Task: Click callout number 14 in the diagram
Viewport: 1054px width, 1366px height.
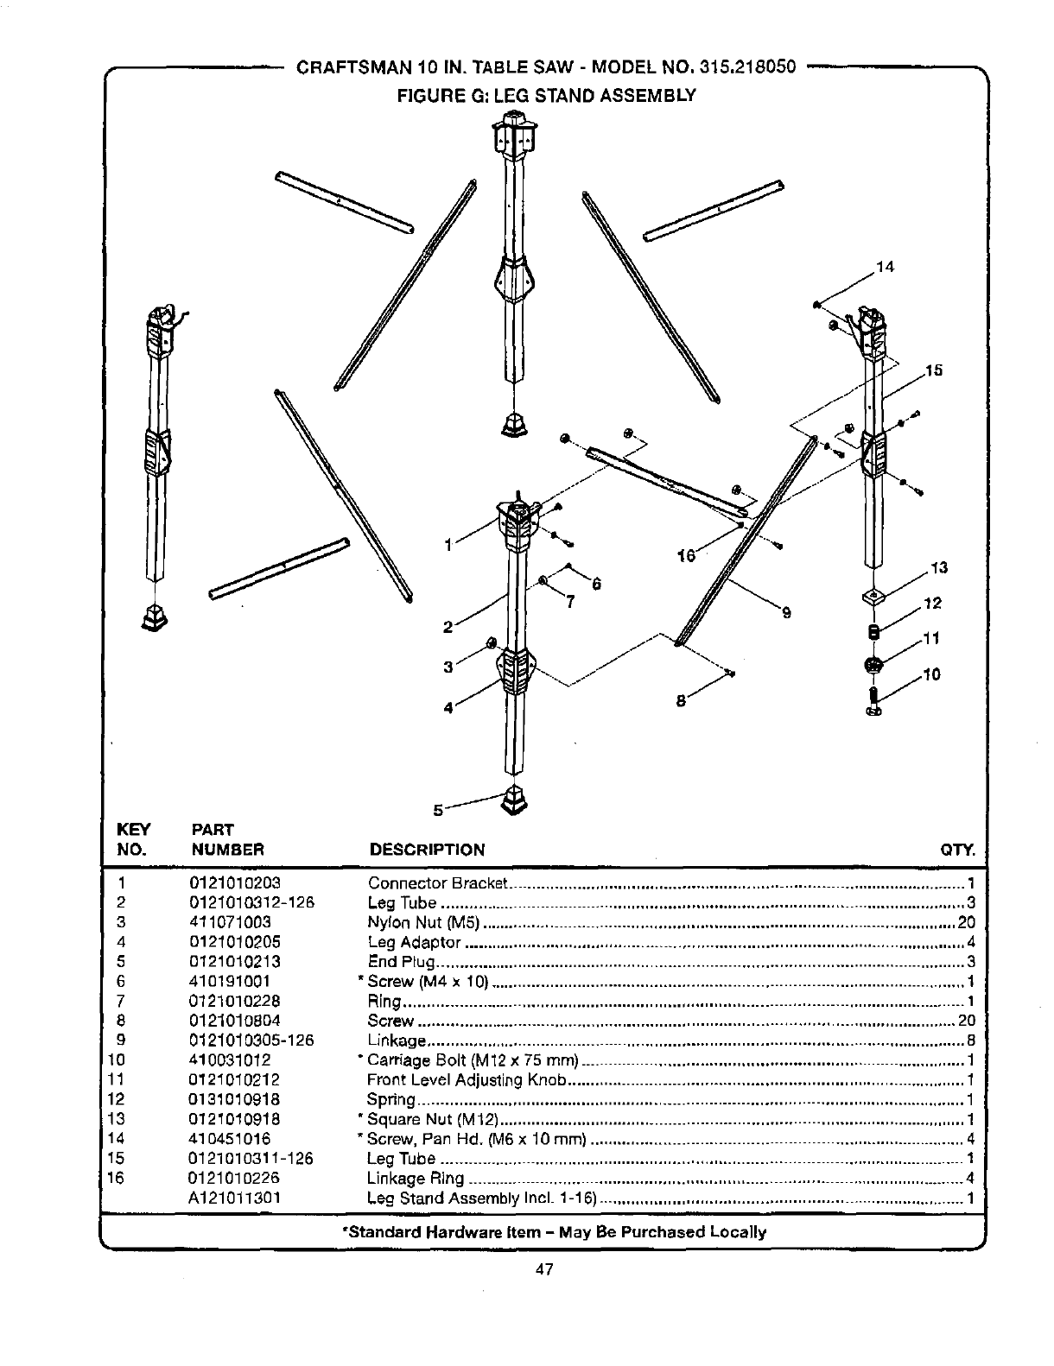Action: coord(884,267)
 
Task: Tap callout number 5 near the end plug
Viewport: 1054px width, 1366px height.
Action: coord(438,810)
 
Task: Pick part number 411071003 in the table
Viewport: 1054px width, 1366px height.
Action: coord(229,922)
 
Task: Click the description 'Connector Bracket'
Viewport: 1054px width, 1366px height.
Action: coord(436,882)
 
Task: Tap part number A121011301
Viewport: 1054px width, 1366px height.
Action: coord(235,1198)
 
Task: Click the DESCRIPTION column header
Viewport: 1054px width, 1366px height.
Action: coord(427,850)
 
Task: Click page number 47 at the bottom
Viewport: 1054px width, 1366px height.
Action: coord(543,1268)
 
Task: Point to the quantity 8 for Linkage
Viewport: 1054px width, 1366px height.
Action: coord(971,1040)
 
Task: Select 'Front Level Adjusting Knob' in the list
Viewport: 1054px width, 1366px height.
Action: coord(467,1080)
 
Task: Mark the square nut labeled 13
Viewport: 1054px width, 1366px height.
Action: coord(874,598)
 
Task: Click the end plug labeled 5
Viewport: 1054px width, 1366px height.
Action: coord(516,800)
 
